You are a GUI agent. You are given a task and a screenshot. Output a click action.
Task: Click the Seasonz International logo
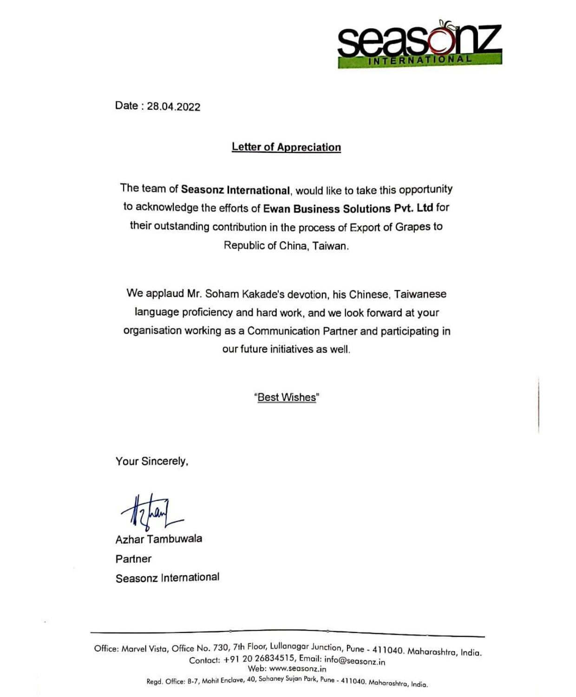[x=419, y=44]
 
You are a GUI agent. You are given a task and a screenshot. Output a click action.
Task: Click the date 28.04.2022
[x=173, y=107]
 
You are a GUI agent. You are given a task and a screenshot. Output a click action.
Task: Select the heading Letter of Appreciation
[x=286, y=147]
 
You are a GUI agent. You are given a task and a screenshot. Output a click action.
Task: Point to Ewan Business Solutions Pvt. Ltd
[x=348, y=208]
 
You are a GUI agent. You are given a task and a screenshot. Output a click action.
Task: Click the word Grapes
[x=412, y=227]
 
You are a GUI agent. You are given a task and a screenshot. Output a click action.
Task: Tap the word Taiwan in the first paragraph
[x=330, y=246]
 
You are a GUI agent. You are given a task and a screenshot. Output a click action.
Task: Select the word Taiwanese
[x=420, y=294]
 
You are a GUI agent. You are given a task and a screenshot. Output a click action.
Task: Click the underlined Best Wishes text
[x=287, y=397]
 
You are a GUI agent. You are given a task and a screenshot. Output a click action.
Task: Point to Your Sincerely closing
[x=152, y=461]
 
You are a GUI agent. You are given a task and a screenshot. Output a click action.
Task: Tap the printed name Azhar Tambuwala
[x=159, y=539]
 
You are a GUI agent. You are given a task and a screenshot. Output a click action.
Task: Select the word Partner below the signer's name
[x=133, y=559]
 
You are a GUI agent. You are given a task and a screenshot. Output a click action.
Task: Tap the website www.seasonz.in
[x=297, y=669]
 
